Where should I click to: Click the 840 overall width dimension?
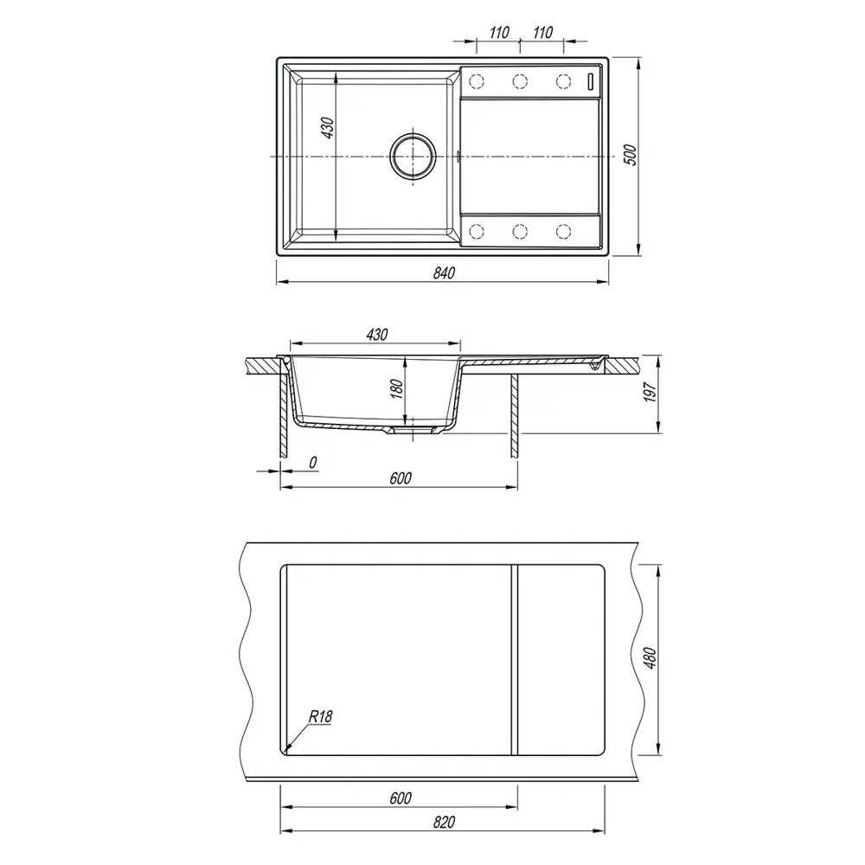(444, 273)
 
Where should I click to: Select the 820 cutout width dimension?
(444, 823)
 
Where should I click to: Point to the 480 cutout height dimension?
(650, 658)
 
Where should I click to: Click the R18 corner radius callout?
(320, 716)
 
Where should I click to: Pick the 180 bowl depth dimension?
(397, 389)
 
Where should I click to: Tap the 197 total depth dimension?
(650, 392)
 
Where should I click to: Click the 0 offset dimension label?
(313, 462)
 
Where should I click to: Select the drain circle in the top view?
(413, 156)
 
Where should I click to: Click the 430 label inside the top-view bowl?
(327, 128)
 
